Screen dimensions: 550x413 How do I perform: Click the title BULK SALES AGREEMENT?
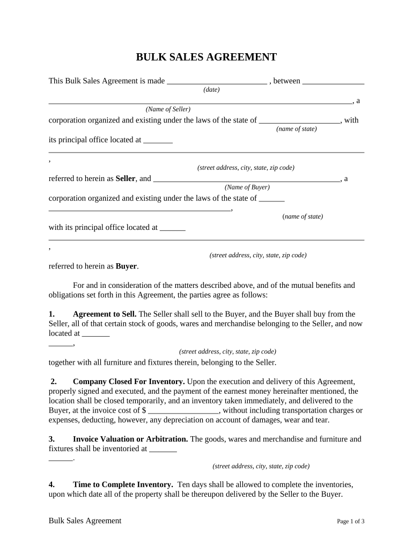(206, 57)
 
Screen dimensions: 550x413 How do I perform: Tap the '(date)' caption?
(211, 90)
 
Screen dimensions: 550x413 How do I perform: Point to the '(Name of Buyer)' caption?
(247, 187)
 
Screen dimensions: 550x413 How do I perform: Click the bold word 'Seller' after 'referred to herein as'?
(126, 178)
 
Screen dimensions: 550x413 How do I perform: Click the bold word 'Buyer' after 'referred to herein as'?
(126, 266)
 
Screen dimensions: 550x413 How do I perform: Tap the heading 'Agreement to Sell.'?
(105, 314)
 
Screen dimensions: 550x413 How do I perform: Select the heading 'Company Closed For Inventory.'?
(129, 381)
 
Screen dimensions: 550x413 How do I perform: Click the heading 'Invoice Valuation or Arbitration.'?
(130, 439)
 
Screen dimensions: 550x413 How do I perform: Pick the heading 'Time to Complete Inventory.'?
(123, 484)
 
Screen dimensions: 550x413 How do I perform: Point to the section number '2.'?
(54, 381)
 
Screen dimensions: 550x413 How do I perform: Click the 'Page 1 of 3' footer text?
(351, 522)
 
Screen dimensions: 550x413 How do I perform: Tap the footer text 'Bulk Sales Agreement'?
(85, 520)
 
